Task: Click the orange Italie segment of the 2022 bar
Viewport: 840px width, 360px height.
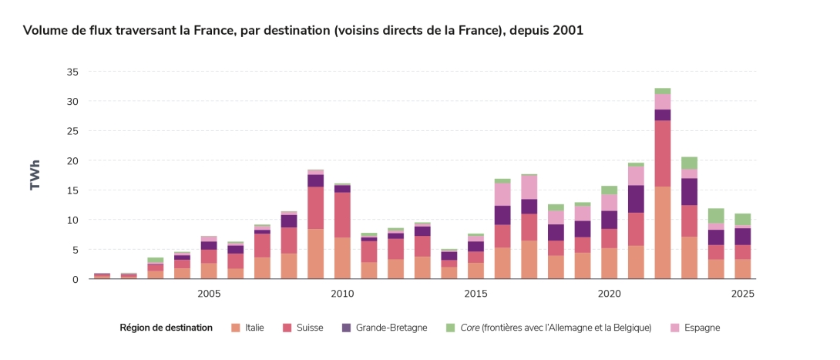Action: tap(662, 232)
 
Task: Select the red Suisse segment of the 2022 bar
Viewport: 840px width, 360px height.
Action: tap(662, 153)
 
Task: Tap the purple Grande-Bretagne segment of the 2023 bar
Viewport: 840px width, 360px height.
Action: tap(689, 191)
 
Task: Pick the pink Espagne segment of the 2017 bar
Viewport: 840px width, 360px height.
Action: tap(529, 187)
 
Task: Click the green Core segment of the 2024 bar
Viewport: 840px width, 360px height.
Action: tap(716, 215)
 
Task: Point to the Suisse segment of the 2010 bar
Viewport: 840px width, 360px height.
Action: tap(342, 214)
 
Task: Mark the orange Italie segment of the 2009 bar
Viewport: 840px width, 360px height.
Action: tap(315, 254)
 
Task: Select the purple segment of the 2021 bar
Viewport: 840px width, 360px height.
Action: tap(636, 199)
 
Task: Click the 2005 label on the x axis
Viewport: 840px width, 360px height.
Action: tap(209, 294)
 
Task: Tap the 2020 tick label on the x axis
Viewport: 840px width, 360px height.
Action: tap(609, 294)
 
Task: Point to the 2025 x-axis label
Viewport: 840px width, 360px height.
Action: tap(742, 294)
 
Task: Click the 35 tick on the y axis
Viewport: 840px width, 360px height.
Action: tap(72, 72)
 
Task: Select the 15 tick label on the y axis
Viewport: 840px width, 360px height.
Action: tap(72, 190)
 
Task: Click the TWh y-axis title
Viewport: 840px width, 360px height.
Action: tap(35, 175)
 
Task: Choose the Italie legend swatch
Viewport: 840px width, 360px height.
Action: tap(235, 328)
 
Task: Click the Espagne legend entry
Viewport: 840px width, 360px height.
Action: tap(700, 328)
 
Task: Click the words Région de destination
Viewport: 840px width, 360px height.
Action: tap(166, 328)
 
